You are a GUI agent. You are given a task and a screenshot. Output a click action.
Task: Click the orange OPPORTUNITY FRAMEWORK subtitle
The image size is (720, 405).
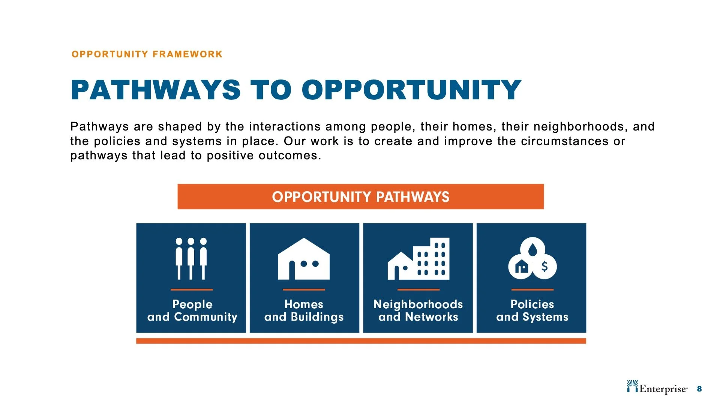(147, 54)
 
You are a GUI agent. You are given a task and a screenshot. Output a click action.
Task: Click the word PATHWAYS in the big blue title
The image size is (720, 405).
(156, 90)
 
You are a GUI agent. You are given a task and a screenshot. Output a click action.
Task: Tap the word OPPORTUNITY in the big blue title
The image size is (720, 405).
(411, 90)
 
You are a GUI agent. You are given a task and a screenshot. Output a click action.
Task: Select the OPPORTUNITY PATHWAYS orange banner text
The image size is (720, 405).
(360, 197)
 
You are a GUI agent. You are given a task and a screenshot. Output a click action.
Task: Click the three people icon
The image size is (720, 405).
(191, 258)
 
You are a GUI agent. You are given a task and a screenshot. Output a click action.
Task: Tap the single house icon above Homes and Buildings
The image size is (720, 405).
(304, 259)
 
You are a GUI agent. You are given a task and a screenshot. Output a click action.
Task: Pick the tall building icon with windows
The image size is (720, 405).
(432, 259)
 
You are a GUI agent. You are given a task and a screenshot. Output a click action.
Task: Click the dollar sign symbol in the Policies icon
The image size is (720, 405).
(544, 267)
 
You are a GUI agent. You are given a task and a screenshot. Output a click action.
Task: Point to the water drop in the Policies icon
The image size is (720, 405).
(532, 249)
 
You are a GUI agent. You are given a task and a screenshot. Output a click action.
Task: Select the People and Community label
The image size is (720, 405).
(192, 310)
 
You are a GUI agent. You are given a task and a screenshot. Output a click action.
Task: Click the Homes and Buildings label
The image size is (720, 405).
(304, 310)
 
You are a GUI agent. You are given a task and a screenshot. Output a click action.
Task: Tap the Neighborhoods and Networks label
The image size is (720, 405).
(418, 310)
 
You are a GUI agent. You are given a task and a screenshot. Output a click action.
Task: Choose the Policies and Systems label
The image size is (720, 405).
(532, 310)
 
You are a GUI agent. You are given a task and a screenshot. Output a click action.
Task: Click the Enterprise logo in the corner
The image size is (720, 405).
(657, 388)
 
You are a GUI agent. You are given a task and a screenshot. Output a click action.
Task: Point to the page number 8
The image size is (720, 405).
(699, 389)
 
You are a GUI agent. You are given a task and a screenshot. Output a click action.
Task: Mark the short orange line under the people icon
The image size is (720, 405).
(192, 289)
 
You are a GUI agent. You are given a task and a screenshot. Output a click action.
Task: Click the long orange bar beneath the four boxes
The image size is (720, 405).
(361, 341)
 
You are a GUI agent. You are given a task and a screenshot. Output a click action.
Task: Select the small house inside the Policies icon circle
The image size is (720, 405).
(522, 267)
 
